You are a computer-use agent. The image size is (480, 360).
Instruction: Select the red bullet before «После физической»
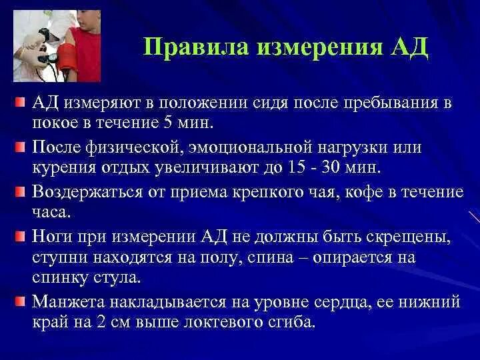point(20,147)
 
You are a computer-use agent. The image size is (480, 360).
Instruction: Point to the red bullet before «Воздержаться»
point(20,193)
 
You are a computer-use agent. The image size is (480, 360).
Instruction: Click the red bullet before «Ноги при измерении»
point(20,237)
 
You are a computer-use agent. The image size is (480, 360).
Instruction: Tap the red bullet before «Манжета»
point(20,302)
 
